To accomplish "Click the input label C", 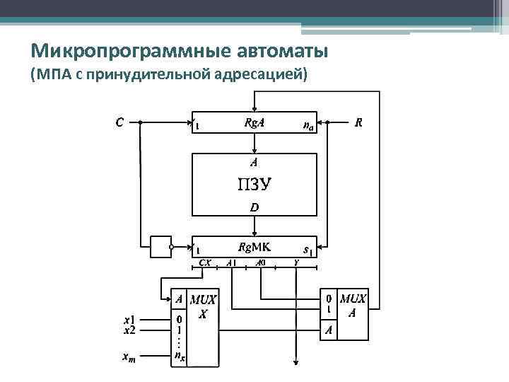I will (119, 122).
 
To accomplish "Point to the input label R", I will (359, 122).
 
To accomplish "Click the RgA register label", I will (255, 122).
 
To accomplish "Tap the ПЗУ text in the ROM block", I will (255, 185).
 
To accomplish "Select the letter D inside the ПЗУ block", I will (255, 207).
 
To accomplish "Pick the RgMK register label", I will (255, 247).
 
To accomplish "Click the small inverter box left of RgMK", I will (160, 247).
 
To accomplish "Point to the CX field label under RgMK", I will (205, 262).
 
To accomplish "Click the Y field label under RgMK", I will (296, 262).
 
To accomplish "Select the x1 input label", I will (129, 319).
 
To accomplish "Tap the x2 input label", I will (129, 329).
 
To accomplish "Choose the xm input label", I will (129, 358).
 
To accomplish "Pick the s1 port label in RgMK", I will (308, 249).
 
